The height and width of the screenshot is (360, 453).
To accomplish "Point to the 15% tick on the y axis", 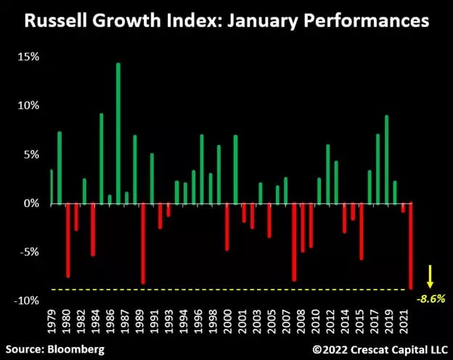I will coord(28,57).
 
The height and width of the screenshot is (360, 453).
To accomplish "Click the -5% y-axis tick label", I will coord(28,253).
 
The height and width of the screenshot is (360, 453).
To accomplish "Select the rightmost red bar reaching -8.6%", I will coord(411,246).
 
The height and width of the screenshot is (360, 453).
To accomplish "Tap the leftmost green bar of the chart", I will coord(52,187).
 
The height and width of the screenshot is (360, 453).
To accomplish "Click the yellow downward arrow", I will coord(429,277).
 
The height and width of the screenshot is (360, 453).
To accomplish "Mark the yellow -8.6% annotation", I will coord(429,298).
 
